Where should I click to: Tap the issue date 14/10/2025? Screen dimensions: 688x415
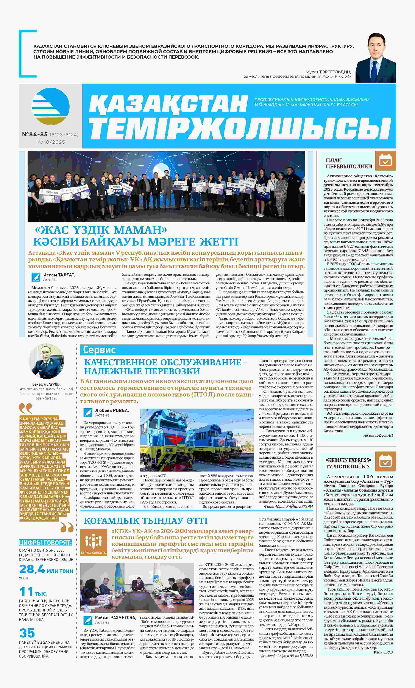point(50,142)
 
